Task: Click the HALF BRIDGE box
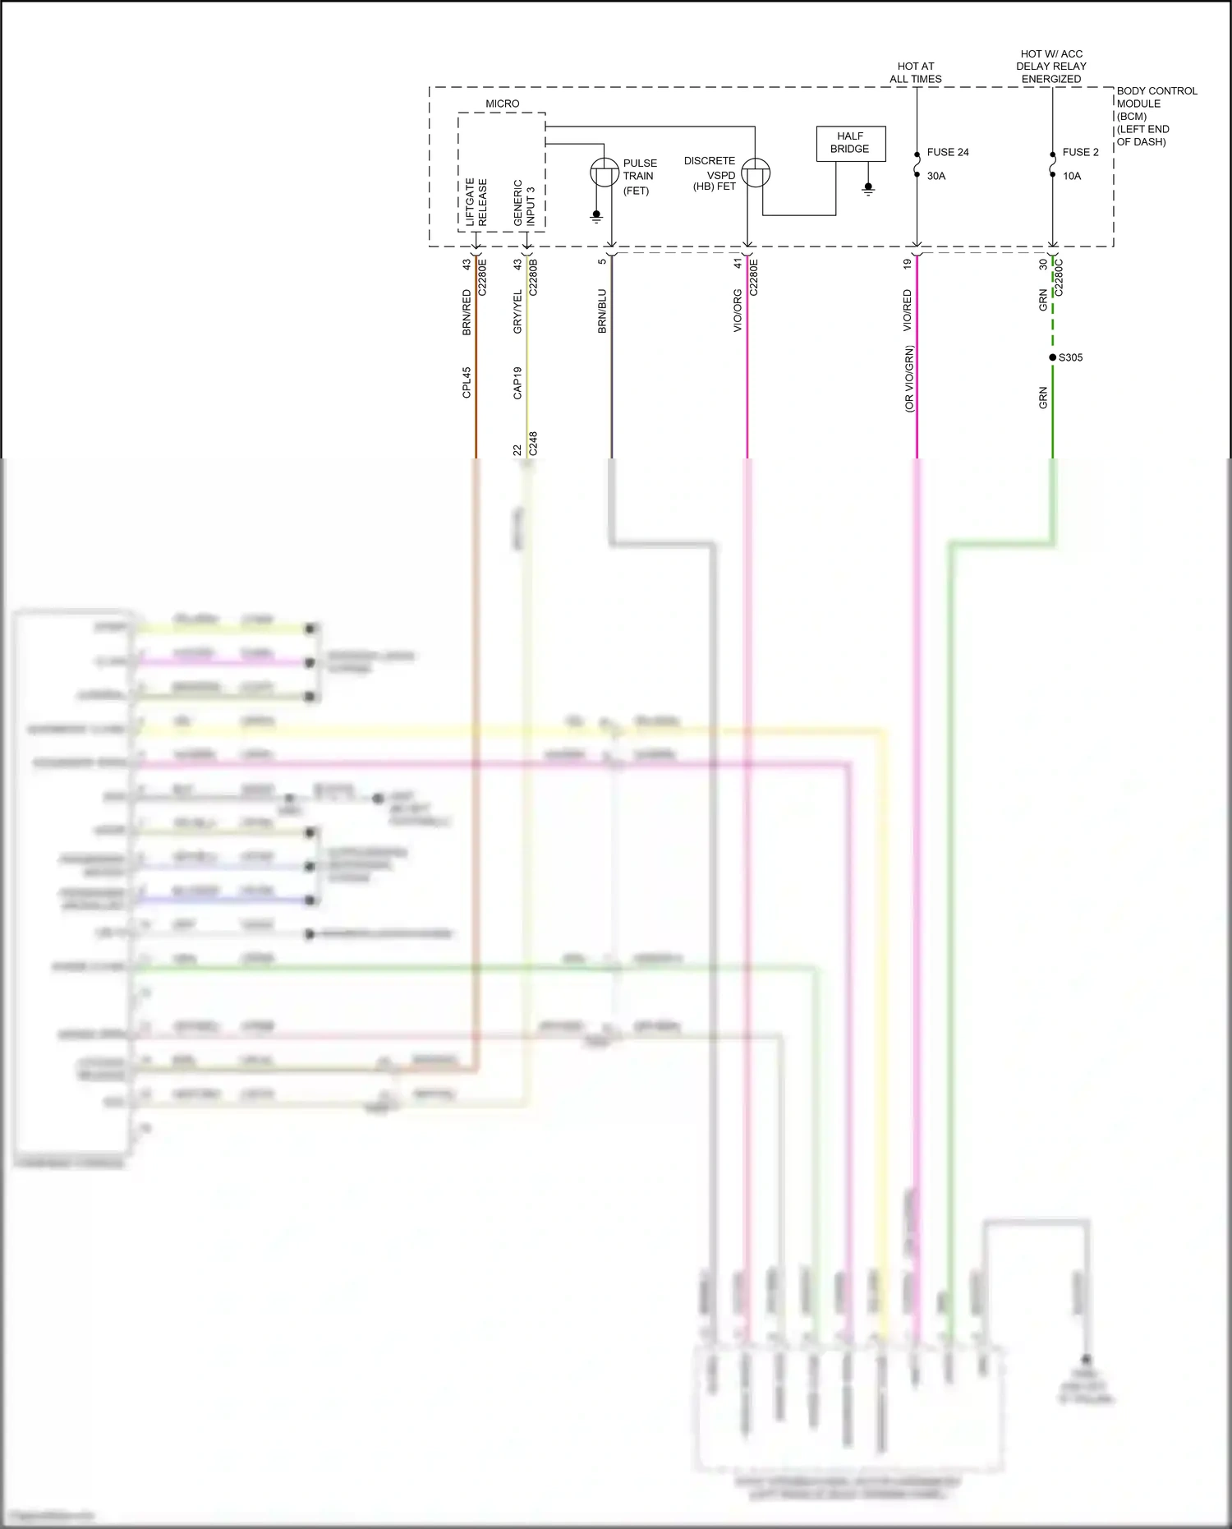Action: point(850,144)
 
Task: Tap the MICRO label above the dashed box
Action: point(502,104)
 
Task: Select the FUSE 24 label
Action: point(947,152)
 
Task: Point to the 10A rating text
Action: point(1071,176)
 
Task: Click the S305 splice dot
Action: point(1052,357)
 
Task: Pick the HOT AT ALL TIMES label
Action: point(915,72)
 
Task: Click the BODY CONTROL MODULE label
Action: point(1156,116)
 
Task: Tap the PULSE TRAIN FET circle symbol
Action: point(605,173)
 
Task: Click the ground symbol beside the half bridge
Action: point(868,190)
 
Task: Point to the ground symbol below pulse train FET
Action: point(596,217)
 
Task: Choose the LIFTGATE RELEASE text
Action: point(476,202)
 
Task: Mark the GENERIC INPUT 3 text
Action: point(524,203)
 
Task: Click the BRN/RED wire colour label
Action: point(467,312)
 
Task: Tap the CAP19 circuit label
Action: point(517,383)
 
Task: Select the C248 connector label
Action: point(533,444)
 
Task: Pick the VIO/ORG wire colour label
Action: point(738,311)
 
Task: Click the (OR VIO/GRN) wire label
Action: point(908,379)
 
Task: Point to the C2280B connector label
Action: point(533,278)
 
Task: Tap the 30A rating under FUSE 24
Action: point(935,176)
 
